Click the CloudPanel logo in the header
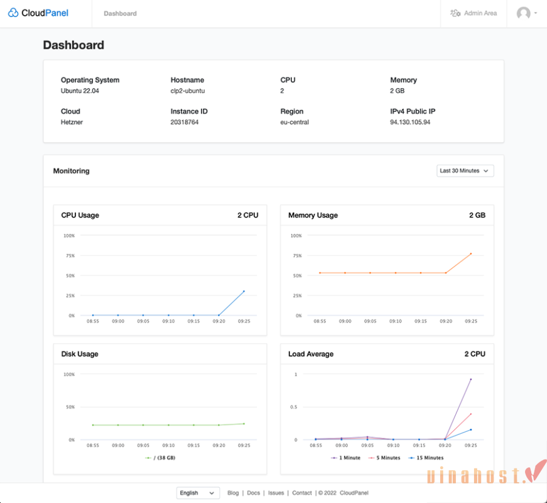tap(38, 13)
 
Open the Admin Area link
tap(473, 13)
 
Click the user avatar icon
tap(524, 13)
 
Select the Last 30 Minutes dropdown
tap(465, 170)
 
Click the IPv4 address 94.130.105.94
tap(410, 122)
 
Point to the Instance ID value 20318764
tap(184, 122)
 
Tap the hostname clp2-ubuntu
tap(187, 91)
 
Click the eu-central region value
tap(294, 122)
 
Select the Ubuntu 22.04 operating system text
tap(80, 91)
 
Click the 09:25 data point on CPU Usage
tap(244, 291)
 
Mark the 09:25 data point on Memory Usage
tap(471, 253)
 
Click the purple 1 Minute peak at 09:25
tap(471, 379)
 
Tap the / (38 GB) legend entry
tap(160, 458)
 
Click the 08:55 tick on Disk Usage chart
tap(92, 445)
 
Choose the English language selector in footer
tap(198, 493)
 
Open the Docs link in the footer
tap(253, 493)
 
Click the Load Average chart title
tap(311, 354)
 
